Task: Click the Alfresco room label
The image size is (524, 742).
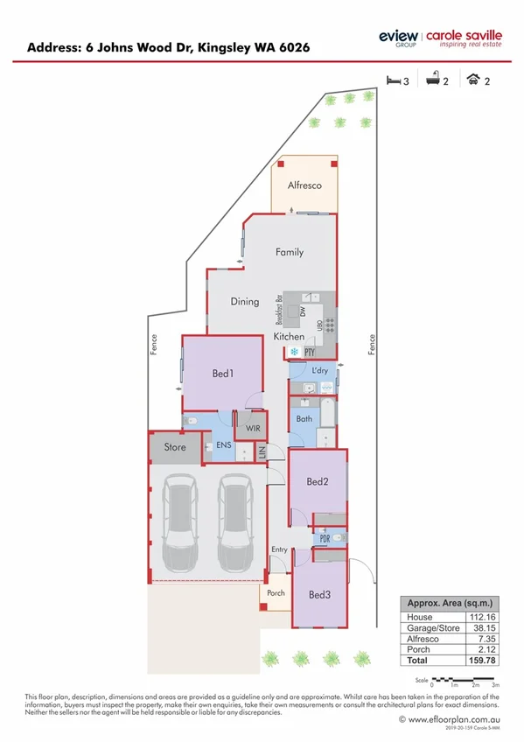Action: (x=305, y=185)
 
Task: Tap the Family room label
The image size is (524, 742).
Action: (x=290, y=252)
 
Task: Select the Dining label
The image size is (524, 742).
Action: (x=245, y=302)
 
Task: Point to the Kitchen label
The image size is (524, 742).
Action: (x=290, y=336)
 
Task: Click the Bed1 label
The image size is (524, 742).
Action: (x=222, y=374)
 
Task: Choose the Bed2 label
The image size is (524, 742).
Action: (x=317, y=482)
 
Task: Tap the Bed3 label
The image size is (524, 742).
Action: (x=319, y=594)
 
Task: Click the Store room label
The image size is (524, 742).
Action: (x=175, y=447)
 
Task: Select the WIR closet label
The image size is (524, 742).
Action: (x=252, y=429)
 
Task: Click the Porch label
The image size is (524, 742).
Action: (x=275, y=592)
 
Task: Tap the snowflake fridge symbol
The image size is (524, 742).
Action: (x=295, y=352)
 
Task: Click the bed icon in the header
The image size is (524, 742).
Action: (x=394, y=80)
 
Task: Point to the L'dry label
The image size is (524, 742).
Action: (x=319, y=371)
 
